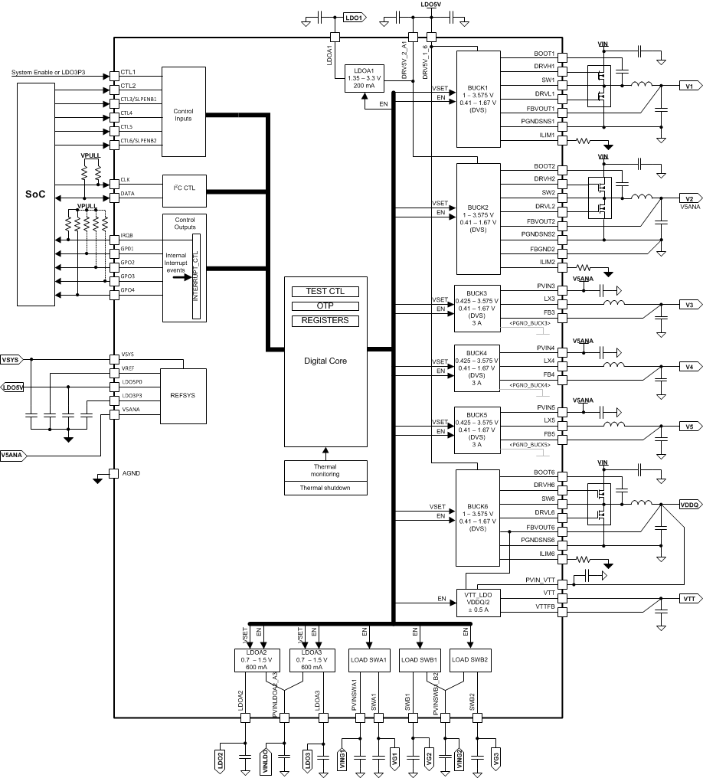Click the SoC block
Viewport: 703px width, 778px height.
pos(35,194)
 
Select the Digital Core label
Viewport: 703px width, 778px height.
pos(325,359)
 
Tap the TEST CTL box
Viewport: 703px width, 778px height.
pos(325,292)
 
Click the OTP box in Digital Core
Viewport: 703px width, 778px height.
pos(325,306)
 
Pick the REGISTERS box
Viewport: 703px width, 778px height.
pos(325,320)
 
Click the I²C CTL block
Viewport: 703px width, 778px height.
pos(184,191)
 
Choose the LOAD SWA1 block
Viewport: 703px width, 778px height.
pos(368,660)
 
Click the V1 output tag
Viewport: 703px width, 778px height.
pos(688,87)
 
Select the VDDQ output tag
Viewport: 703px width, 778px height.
pos(688,505)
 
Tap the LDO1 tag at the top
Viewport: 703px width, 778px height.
pos(354,17)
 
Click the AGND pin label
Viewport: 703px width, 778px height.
pos(131,473)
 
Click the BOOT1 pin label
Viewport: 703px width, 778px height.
pos(544,54)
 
